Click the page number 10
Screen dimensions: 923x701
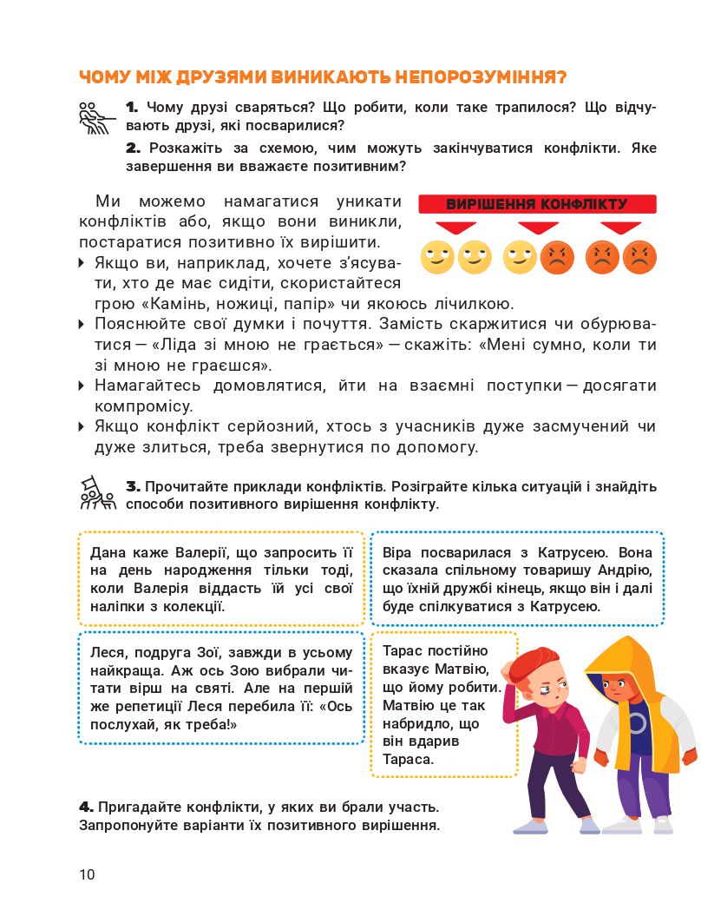[87, 874]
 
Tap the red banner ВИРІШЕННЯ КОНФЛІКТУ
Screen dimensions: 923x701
[537, 205]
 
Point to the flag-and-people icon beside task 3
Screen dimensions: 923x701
[96, 492]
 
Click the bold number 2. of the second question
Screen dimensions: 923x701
[133, 148]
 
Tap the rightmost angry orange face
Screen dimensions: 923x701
[639, 257]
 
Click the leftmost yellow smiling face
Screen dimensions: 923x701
[437, 257]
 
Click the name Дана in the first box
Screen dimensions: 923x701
[108, 551]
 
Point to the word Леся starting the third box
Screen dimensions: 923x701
[106, 652]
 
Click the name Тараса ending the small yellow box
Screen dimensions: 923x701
[408, 760]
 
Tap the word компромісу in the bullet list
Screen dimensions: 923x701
[143, 405]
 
